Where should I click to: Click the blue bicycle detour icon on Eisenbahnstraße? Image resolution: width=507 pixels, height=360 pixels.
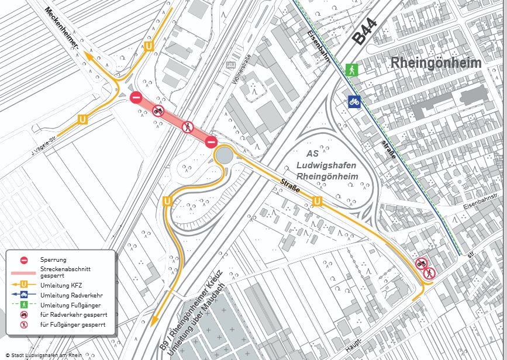354,101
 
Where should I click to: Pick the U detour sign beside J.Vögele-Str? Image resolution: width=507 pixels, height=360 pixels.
82,119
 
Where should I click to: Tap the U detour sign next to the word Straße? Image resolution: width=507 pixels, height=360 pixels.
318,202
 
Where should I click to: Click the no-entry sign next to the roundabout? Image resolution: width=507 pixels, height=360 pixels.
211,141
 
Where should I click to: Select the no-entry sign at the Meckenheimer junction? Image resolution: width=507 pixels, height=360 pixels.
136,98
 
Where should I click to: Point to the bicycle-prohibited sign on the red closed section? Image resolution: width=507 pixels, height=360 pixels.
158,110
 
